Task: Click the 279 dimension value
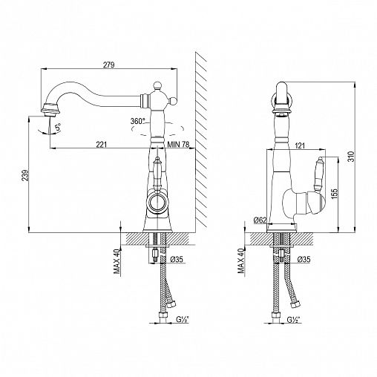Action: (109, 65)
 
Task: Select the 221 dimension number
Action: (102, 145)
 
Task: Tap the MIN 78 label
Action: (178, 144)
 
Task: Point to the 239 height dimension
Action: (25, 175)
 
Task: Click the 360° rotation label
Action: (138, 121)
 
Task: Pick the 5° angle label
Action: (58, 128)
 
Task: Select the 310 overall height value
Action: (351, 157)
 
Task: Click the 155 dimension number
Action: (334, 194)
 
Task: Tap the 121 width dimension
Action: (300, 146)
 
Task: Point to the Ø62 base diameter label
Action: (260, 220)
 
